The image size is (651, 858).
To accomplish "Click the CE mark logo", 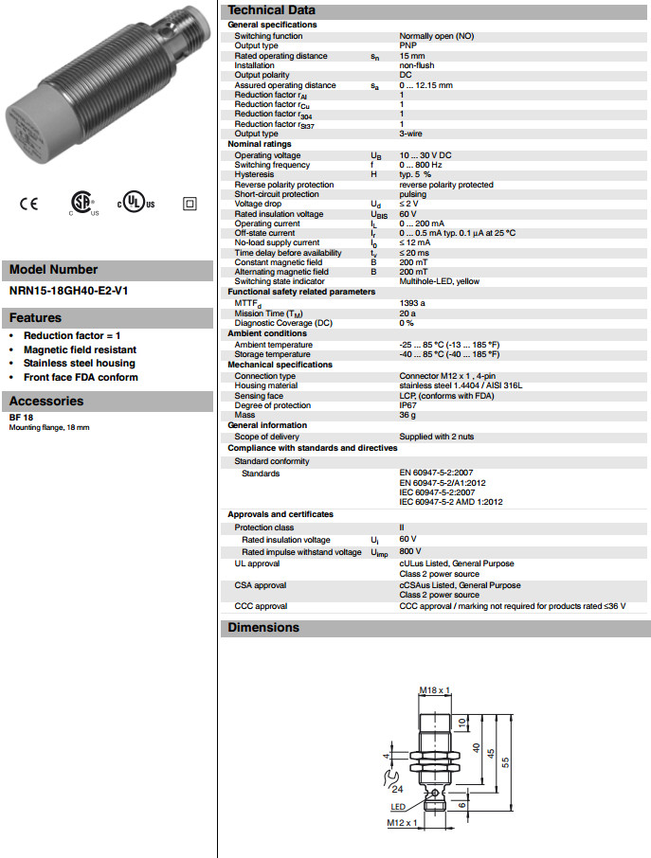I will pyautogui.click(x=28, y=204).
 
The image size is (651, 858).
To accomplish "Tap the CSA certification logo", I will pyautogui.click(x=82, y=204).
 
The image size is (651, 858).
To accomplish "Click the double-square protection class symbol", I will pyautogui.click(x=189, y=204).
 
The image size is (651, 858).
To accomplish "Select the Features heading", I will pyautogui.click(x=35, y=318).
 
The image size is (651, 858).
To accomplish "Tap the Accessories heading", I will pyautogui.click(x=46, y=401).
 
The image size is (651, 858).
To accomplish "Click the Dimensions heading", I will pyautogui.click(x=263, y=628).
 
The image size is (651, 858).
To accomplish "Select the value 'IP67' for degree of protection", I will pyautogui.click(x=408, y=405).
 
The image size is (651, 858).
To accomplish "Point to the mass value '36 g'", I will pyautogui.click(x=407, y=415).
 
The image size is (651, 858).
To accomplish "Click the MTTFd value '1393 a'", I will pyautogui.click(x=412, y=303).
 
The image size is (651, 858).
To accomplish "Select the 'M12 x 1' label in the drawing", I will pyautogui.click(x=403, y=823).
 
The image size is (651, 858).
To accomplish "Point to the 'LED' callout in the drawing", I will pyautogui.click(x=398, y=807).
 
